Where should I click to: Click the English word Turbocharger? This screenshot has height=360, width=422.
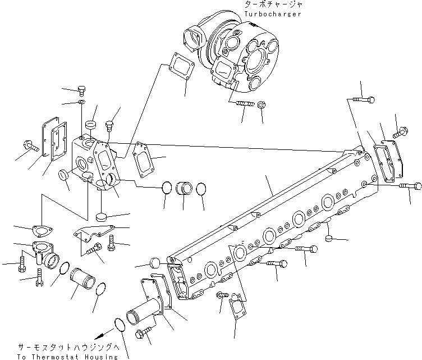273,13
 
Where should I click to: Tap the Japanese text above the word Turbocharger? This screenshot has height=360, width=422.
273,4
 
